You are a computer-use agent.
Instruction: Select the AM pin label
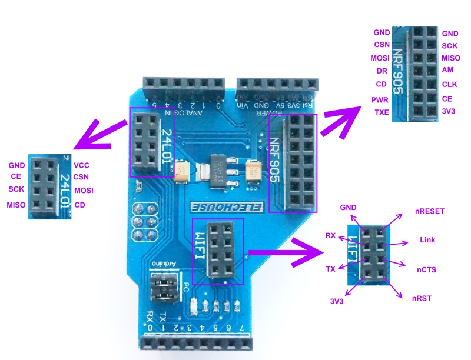pos(447,70)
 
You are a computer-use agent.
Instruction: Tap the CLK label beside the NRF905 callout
pos(449,84)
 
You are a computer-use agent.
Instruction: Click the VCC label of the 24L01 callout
pos(82,165)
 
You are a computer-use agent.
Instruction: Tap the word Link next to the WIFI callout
pos(427,241)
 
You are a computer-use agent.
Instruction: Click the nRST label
pos(422,298)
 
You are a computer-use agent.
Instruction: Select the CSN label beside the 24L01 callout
pos(82,176)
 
